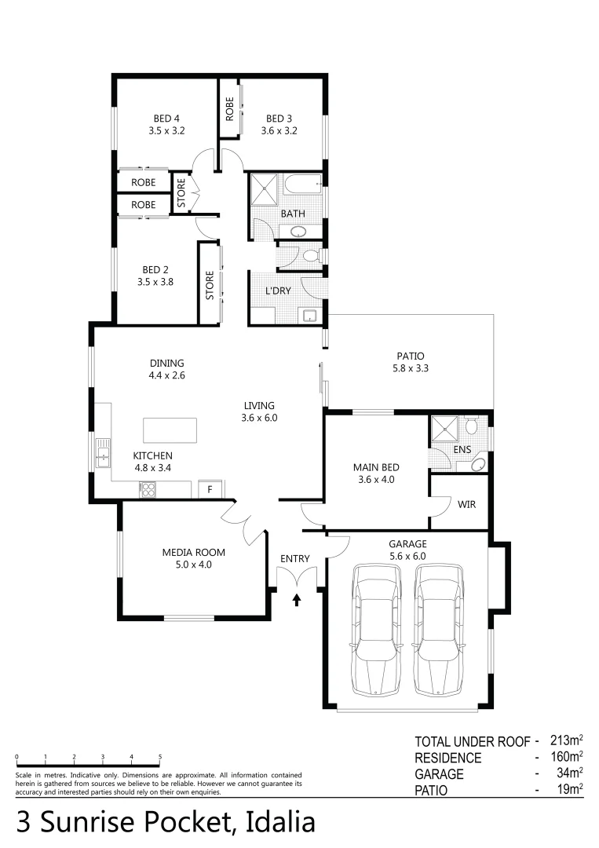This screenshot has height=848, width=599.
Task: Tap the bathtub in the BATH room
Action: coord(303,186)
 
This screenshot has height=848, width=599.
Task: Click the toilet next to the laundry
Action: coord(309,256)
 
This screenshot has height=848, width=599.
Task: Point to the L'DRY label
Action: coord(278,291)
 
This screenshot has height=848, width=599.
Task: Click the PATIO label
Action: coord(411,355)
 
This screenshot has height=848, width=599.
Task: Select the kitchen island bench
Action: coord(170,430)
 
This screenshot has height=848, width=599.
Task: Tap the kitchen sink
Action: coord(103,453)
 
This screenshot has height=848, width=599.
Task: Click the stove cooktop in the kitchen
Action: coord(147,490)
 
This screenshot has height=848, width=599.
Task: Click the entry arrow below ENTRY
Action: coord(297,601)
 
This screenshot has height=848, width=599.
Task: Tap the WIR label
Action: coord(466,504)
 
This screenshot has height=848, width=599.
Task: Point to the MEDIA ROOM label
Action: coord(186,552)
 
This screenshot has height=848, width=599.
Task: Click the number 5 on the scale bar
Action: coord(160,757)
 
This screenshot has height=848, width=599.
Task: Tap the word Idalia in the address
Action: coord(280,822)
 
